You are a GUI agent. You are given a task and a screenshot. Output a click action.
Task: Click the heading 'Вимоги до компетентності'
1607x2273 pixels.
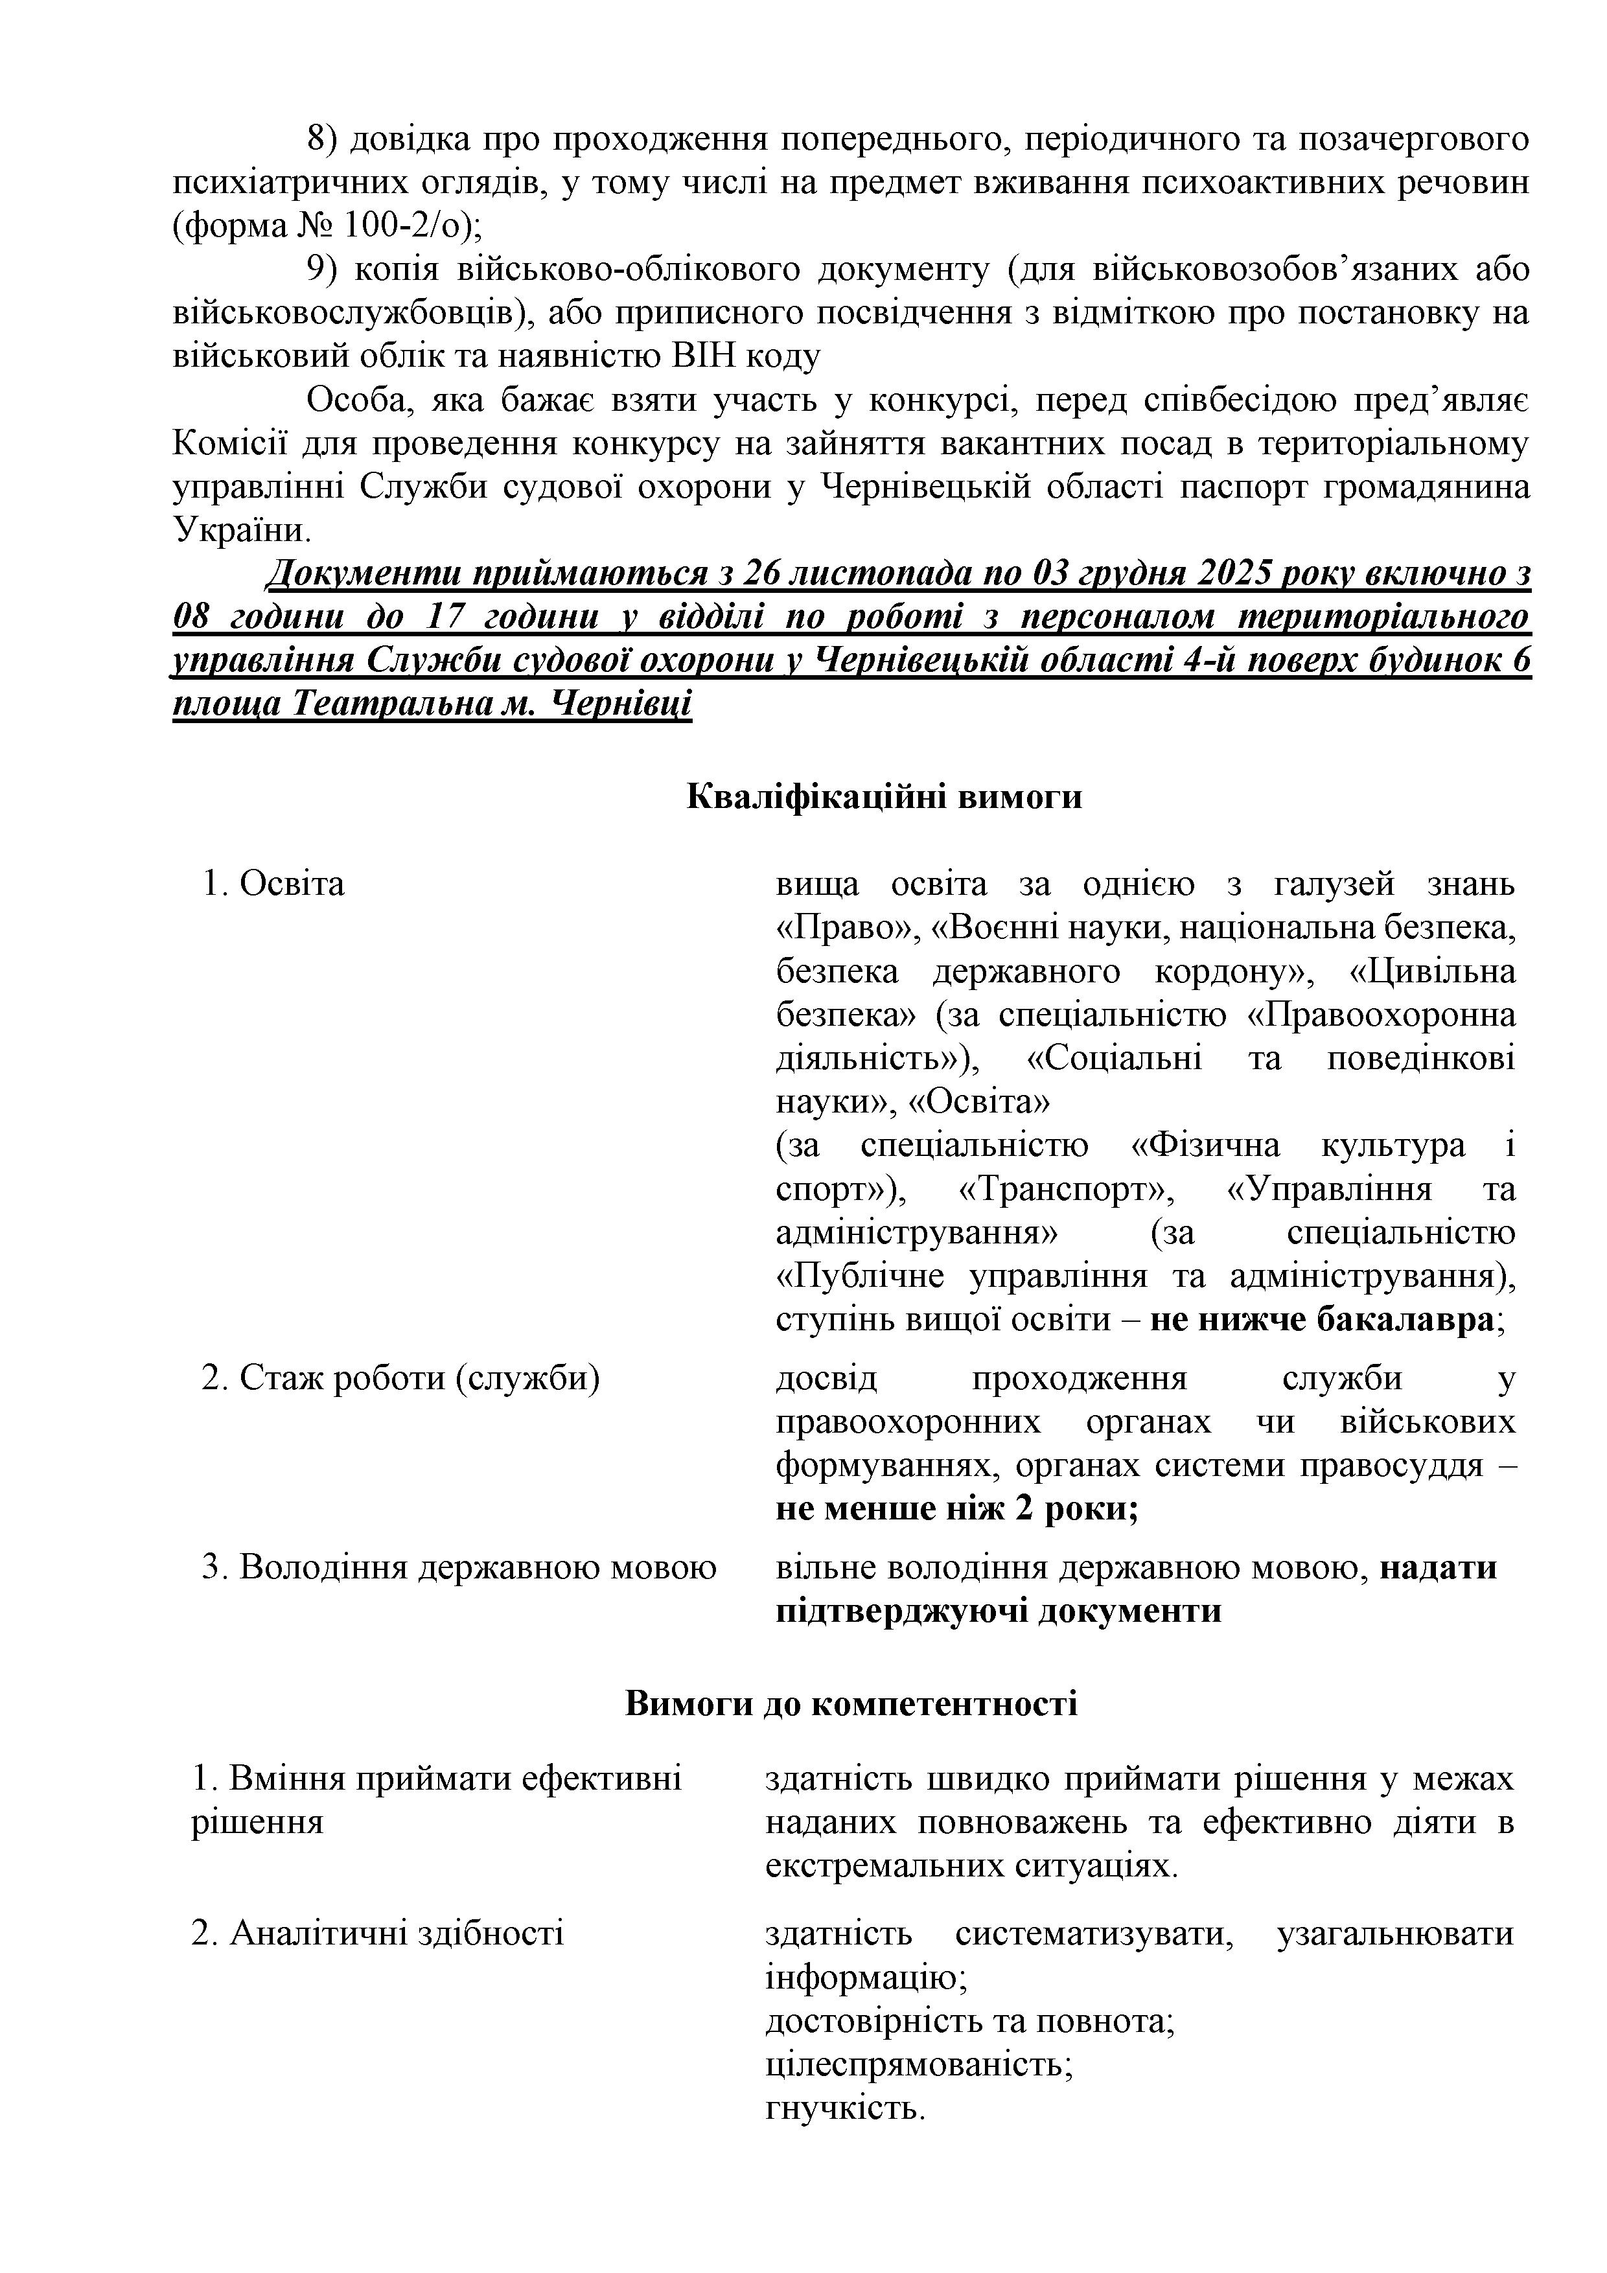(851, 1703)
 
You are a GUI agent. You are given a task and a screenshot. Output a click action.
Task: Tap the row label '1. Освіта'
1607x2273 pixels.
(273, 883)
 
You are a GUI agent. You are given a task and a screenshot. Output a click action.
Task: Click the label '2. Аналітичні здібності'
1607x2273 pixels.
(377, 1932)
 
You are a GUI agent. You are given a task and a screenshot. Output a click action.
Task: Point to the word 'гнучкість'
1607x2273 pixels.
(844, 2106)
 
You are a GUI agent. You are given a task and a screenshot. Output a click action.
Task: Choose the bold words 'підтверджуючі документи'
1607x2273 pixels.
(998, 1611)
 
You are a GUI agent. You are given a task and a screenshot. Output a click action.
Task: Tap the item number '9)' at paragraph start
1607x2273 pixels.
(325, 270)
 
